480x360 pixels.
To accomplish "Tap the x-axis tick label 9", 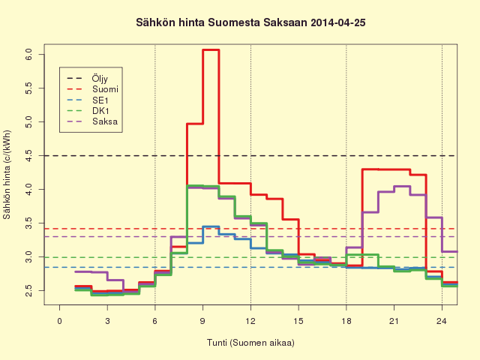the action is (202, 321).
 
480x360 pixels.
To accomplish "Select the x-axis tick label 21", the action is (394, 321).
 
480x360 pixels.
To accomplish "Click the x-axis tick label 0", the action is (59, 321).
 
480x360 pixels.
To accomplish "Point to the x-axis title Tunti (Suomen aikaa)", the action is (250, 343).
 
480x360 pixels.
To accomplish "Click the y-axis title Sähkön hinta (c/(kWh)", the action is (7, 175).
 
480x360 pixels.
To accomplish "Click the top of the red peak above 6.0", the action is (211, 49).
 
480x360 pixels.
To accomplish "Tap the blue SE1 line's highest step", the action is (211, 226).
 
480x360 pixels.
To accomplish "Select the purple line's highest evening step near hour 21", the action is (402, 186).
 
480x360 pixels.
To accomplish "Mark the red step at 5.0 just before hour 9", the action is (195, 124).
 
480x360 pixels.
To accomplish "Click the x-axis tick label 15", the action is (298, 321).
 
